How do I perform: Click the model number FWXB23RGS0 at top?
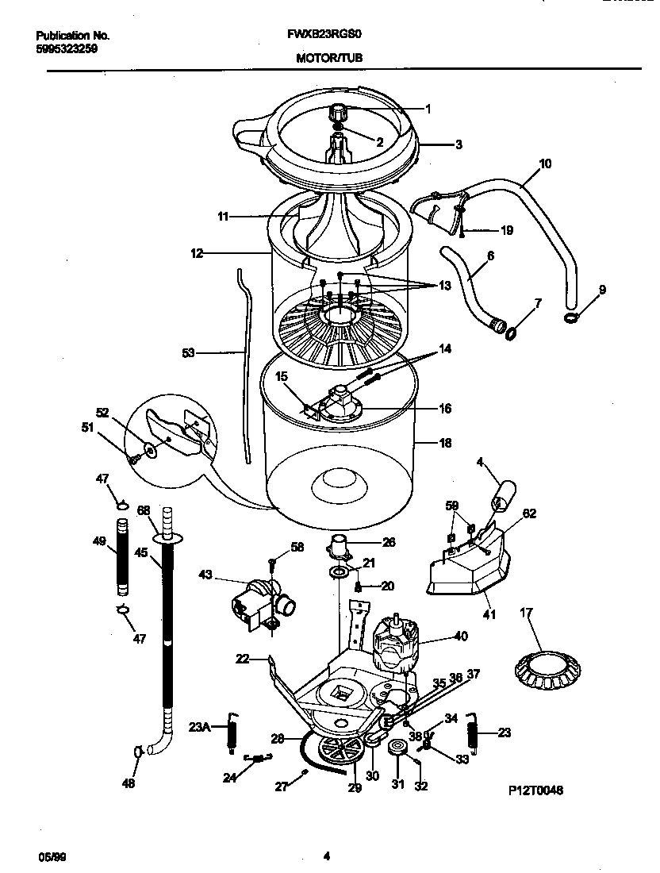tap(326, 36)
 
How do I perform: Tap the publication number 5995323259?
tap(67, 48)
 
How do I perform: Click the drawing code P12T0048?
tap(535, 791)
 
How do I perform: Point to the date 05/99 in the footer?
tap(49, 856)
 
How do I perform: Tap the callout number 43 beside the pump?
tap(205, 574)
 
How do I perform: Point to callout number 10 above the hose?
tap(545, 164)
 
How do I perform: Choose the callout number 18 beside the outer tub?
tap(445, 444)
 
